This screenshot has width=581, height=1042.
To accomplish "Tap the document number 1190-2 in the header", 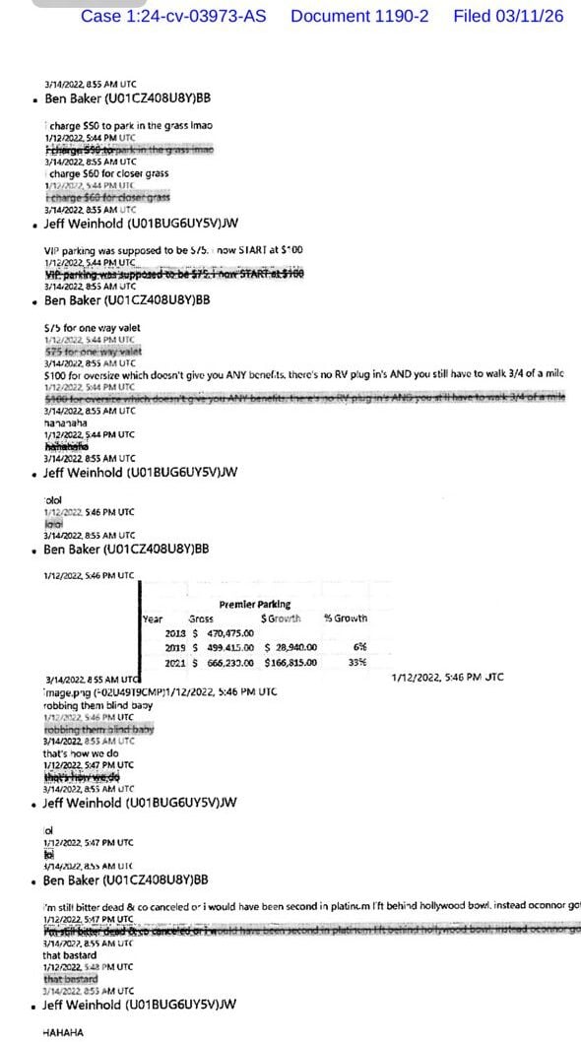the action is (359, 17).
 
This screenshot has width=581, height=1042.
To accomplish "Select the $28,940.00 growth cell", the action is (289, 648).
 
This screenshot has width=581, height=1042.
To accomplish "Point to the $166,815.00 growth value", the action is (289, 663).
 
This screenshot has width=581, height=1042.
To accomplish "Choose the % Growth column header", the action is (346, 619).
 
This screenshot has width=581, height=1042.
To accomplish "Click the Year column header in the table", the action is (153, 619).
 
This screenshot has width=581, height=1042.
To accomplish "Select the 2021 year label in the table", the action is (175, 663).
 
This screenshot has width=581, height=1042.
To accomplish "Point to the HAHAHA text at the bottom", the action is (63, 1032).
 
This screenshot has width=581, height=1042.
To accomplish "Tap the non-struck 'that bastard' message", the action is (71, 955).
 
